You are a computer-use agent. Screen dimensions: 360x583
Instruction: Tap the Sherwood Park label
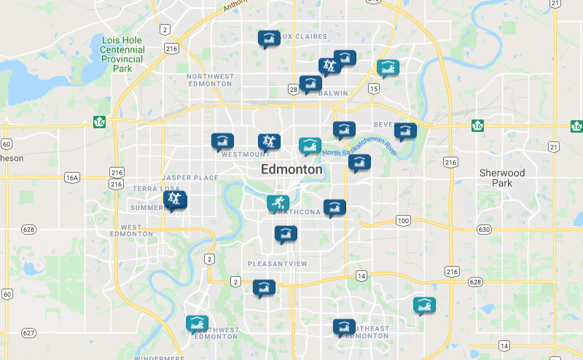coord(501,178)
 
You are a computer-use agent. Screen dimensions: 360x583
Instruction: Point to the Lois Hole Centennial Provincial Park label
coord(122,55)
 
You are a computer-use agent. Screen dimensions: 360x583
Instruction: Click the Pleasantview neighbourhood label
coord(278,263)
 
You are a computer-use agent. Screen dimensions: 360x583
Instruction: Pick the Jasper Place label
coord(190,178)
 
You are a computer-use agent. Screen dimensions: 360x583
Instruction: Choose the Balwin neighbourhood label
coord(333,93)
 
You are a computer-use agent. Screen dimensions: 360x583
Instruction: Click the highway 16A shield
coord(71,177)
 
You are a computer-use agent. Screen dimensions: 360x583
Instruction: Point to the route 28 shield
coord(293,90)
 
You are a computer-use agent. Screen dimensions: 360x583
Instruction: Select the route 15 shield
coord(374,88)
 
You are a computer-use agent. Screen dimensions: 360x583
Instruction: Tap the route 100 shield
coord(404,220)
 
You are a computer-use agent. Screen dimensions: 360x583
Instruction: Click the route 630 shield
coord(484,230)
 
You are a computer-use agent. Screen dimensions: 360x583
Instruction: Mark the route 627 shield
coord(28,333)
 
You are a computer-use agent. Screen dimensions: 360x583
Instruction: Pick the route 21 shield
coord(555,147)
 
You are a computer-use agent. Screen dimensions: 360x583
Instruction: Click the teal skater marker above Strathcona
coord(277,203)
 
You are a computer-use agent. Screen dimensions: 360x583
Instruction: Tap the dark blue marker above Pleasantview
coord(285,234)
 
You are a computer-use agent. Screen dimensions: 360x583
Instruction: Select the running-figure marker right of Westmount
coord(268,141)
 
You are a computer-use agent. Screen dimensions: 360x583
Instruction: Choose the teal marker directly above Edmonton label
coord(310,146)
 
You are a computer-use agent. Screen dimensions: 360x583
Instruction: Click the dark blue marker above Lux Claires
coord(268,38)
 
